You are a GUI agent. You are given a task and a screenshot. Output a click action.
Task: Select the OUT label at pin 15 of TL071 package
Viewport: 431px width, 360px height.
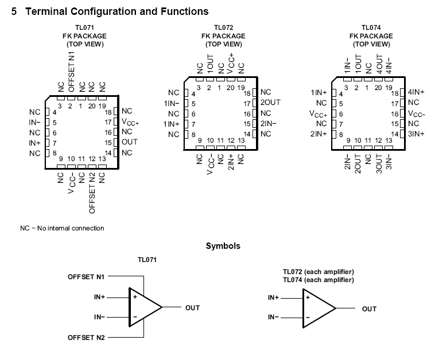130,142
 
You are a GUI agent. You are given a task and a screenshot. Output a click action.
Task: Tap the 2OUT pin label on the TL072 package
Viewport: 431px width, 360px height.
270,103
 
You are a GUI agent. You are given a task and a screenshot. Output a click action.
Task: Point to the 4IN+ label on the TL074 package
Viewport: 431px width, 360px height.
416,92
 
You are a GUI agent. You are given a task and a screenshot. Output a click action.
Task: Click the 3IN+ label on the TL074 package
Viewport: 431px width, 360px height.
416,134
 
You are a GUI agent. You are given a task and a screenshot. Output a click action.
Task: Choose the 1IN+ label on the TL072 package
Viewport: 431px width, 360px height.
172,124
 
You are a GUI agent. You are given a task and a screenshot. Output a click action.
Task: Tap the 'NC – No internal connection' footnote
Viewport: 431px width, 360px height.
62,228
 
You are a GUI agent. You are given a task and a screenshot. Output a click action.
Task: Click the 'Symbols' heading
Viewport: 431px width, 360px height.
223,246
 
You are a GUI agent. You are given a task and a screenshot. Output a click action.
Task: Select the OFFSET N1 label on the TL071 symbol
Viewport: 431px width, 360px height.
86,277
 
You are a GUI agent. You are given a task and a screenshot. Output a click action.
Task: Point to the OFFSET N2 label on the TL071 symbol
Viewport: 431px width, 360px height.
86,338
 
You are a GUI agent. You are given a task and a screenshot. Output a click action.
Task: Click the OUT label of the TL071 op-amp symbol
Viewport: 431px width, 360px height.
192,308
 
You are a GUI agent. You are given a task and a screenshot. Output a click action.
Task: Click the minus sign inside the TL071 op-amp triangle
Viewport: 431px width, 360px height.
135,317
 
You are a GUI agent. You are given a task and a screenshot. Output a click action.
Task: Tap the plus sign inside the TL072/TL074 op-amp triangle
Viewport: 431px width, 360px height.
308,298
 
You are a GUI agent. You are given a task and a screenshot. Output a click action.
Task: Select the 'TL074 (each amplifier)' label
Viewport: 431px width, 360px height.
317,280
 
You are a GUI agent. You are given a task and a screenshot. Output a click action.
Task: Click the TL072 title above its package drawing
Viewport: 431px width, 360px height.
223,27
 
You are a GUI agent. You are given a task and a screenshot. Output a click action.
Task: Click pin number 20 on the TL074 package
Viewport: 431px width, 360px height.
378,88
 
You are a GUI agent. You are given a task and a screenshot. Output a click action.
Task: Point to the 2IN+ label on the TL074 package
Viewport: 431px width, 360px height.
319,134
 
